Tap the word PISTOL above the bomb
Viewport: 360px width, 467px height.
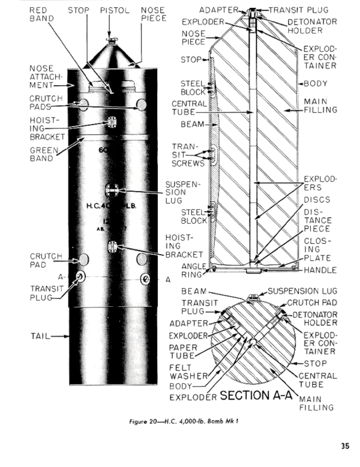[x=113, y=10]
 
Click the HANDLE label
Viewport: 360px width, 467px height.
[x=320, y=270]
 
